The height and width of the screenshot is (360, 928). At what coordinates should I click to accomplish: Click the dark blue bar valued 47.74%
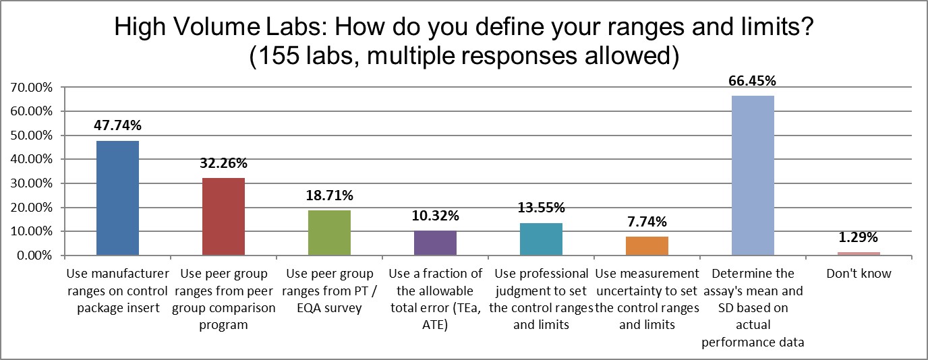pos(117,198)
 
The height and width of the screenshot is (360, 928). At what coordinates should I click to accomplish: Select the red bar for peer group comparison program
pos(223,216)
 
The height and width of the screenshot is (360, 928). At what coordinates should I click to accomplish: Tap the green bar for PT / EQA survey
pos(329,233)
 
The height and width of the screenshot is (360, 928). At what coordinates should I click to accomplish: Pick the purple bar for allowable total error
pos(435,243)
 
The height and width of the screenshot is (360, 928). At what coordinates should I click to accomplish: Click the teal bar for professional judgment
pos(541,239)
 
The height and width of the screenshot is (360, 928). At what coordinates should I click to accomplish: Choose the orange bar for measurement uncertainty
pos(647,246)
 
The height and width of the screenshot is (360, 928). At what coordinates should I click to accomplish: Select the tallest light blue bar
pos(753,175)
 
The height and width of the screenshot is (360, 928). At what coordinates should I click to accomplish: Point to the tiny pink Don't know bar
pos(859,253)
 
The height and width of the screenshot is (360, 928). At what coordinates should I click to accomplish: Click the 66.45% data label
pos(753,81)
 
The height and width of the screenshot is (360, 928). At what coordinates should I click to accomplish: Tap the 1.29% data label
pos(859,238)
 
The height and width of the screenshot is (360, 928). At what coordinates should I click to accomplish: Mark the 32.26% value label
pos(223,163)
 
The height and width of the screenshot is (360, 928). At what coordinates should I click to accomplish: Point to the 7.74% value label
pos(647,222)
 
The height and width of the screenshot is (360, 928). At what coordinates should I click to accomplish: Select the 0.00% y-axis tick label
pos(33,256)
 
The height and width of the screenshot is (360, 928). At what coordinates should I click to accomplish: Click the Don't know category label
pos(859,274)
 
